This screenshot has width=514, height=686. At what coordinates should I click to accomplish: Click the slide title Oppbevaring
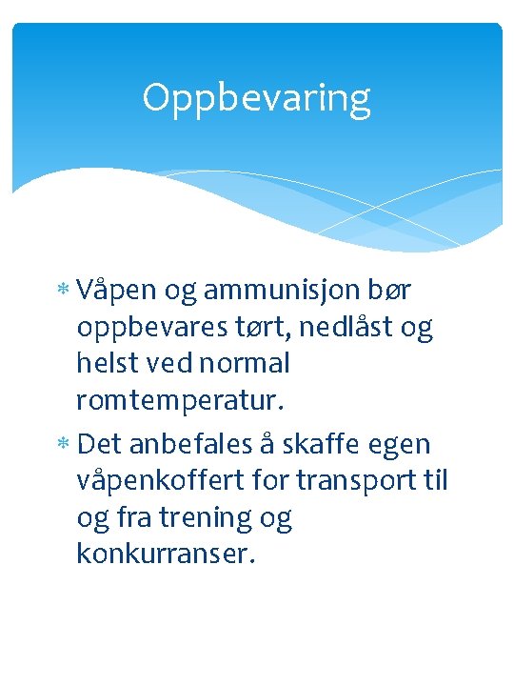256,98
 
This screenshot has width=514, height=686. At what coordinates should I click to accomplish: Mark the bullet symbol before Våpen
63,289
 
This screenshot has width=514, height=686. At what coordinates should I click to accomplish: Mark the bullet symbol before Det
63,445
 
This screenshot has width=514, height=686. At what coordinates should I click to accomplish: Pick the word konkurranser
167,555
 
